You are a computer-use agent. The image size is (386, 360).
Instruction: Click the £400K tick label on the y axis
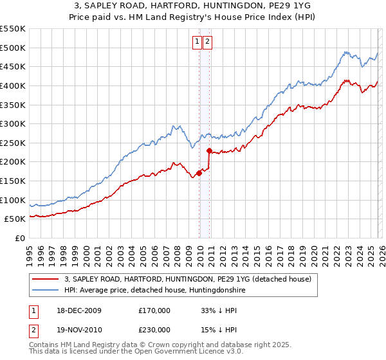[13, 85]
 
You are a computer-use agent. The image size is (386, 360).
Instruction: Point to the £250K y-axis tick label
[13, 143]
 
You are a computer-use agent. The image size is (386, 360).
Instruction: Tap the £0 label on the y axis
[19, 239]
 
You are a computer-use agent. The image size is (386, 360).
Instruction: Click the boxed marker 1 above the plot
[197, 42]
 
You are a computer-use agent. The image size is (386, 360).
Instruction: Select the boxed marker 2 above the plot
[208, 42]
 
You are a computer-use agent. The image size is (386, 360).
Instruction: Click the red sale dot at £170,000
[199, 173]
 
